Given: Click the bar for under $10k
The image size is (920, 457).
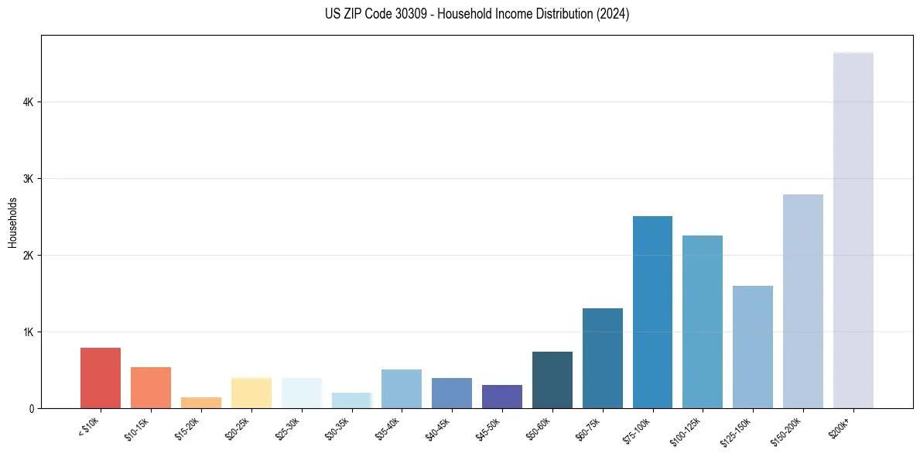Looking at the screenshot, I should (101, 378).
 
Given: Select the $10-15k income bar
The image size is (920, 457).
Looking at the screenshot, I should (151, 387).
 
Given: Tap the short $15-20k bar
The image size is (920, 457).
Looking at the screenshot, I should (200, 403).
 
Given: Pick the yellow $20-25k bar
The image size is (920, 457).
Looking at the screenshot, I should (251, 393).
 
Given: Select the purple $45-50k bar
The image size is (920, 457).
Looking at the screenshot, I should (501, 397).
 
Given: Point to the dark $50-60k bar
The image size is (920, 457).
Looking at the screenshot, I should (552, 380).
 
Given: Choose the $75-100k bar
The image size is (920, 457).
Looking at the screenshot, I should (652, 312).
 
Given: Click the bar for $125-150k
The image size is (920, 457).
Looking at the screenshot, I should (752, 347).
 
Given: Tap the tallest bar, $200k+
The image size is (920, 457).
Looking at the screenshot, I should (853, 230).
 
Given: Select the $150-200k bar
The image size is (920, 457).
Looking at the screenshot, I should (802, 301).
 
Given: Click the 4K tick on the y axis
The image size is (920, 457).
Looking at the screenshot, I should (28, 102).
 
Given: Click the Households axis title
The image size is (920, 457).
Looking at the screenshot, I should (12, 222).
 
